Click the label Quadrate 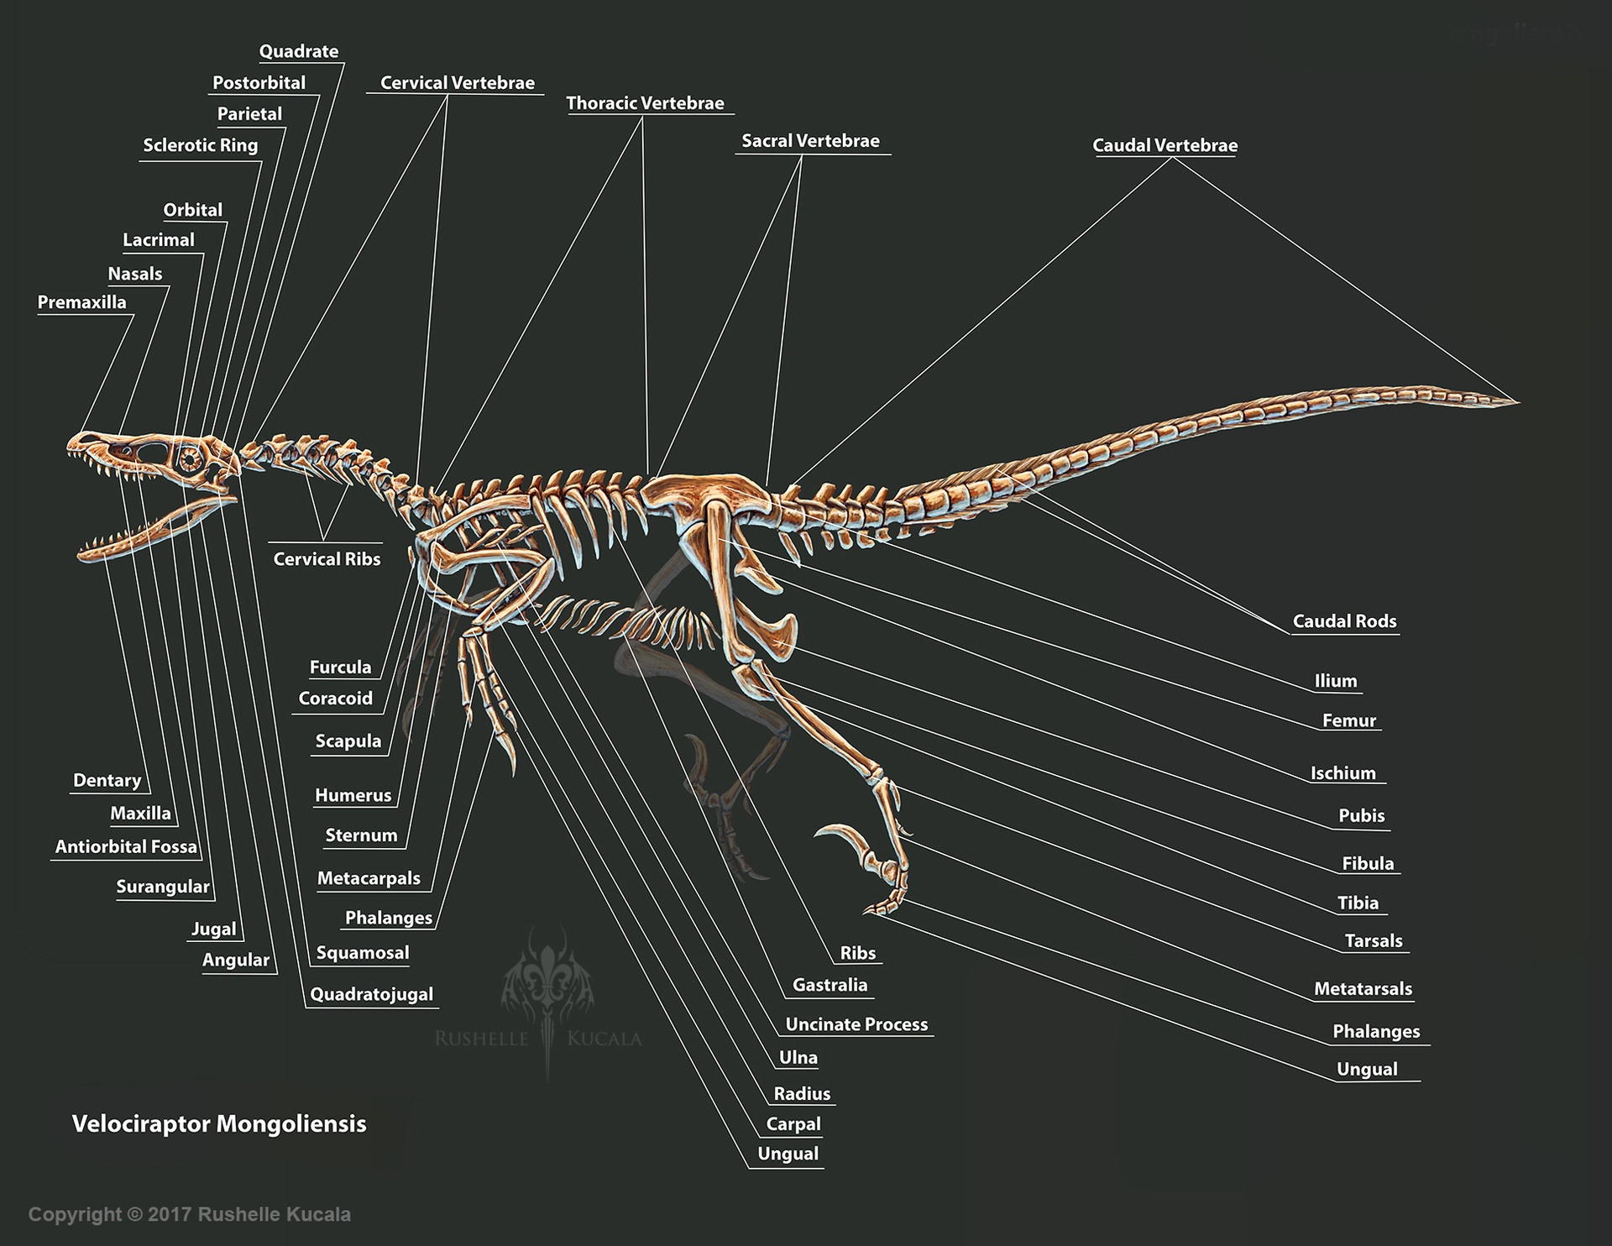[x=298, y=51]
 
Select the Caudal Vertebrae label [x=1165, y=145]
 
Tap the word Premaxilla [x=81, y=302]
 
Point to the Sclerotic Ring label [x=200, y=145]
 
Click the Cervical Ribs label [x=327, y=559]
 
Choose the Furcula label [x=340, y=667]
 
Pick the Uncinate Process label [x=856, y=1024]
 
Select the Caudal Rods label [x=1344, y=621]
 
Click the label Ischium [x=1343, y=773]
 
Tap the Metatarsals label [x=1363, y=989]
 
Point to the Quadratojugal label [x=371, y=995]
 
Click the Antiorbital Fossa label [x=126, y=847]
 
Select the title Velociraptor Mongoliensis [x=219, y=1123]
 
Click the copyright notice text [x=190, y=1214]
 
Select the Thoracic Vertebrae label [x=645, y=103]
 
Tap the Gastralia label [x=830, y=985]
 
